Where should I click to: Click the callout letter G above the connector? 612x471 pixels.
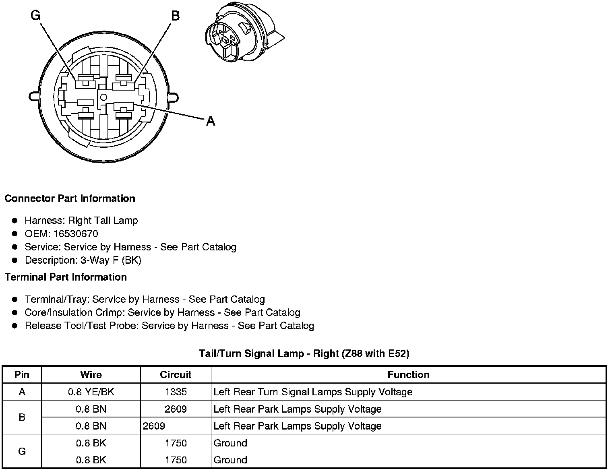36,16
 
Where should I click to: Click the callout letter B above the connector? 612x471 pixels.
175,16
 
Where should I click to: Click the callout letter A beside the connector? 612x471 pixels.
211,121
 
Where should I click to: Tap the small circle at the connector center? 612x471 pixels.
103,97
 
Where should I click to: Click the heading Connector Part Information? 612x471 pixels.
70,198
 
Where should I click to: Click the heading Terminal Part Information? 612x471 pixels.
66,277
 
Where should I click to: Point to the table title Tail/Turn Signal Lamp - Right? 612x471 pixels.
304,354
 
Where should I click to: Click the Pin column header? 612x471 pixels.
22,375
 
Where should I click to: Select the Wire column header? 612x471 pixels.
91,375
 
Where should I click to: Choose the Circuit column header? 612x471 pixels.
176,375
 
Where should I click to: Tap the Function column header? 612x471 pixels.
408,375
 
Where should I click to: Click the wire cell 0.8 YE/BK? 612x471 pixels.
91,392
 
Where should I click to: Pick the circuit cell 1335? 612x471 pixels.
176,392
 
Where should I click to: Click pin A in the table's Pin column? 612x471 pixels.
22,392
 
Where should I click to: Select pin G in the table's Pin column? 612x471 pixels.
22,451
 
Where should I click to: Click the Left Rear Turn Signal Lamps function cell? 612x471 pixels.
313,392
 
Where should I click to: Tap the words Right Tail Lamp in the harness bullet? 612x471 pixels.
103,221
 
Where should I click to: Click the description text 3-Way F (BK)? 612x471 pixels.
111,260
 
